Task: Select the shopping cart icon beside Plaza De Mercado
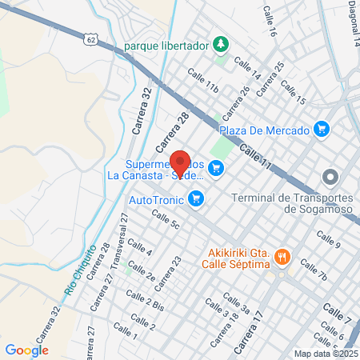click(x=322, y=128)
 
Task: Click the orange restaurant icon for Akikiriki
click(x=282, y=257)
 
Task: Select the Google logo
click(x=26, y=350)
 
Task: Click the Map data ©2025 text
click(x=326, y=354)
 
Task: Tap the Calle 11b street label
click(x=203, y=80)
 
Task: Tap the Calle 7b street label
click(x=312, y=270)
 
